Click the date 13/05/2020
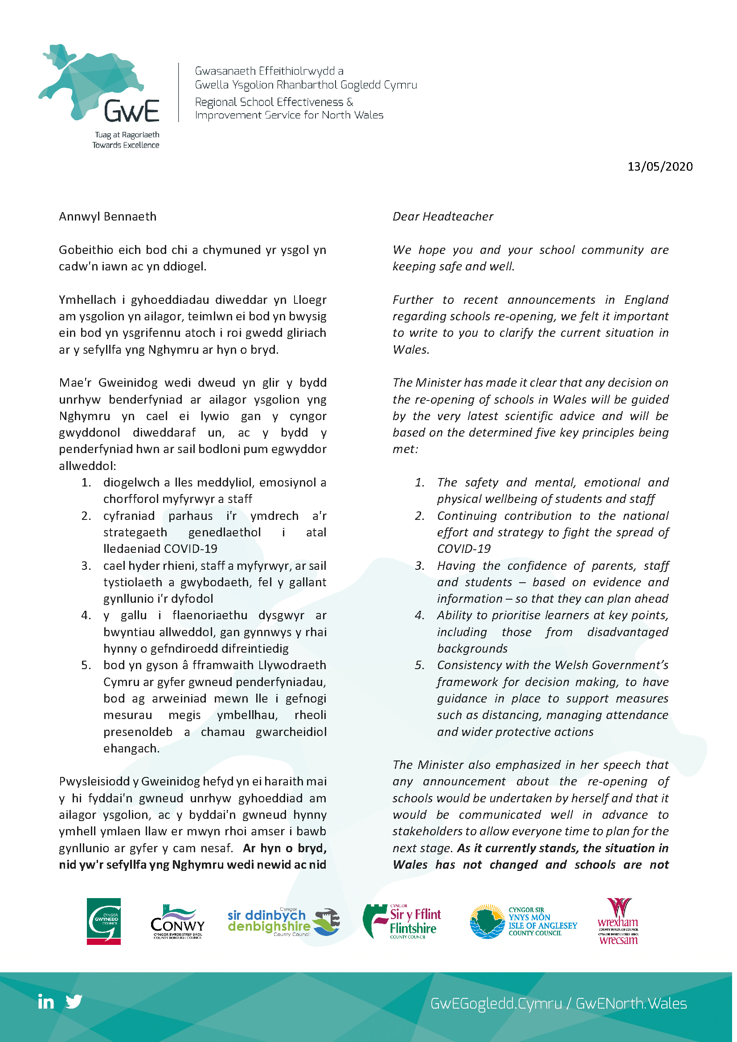point(659,167)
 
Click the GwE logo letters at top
point(131,111)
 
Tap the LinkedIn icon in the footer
point(46,1001)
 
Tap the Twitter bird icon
point(74,1001)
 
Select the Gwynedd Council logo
point(103,921)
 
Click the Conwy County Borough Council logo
point(177,923)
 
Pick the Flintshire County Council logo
point(401,921)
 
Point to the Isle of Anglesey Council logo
point(523,921)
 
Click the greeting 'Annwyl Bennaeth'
point(107,217)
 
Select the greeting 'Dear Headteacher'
point(442,217)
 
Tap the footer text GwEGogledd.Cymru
point(495,1003)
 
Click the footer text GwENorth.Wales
point(631,1003)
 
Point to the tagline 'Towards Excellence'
point(126,145)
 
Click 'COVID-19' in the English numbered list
point(463,549)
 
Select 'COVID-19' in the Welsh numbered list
point(190,549)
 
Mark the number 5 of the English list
point(419,665)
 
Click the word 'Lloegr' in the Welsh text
point(310,300)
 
